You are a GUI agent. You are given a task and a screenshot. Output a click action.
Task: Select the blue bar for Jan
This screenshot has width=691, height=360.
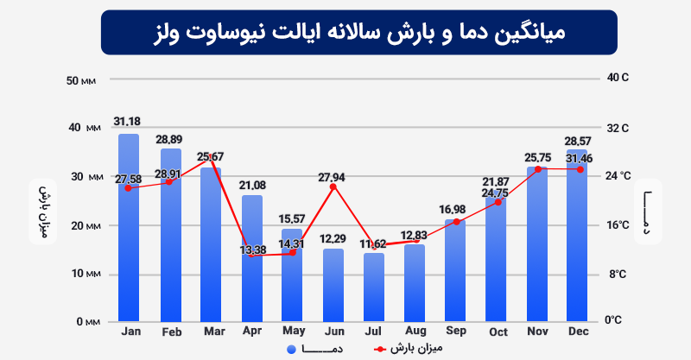[129, 229]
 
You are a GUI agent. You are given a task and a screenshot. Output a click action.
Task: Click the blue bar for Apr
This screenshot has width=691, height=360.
[252, 259]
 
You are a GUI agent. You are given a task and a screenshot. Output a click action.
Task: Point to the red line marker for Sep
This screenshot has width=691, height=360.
[456, 222]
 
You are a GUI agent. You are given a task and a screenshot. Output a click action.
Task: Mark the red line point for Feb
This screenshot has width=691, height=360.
[169, 182]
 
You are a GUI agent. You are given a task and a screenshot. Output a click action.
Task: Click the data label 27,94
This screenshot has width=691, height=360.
[331, 178]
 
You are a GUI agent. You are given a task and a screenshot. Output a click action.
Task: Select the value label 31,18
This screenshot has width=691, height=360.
[129, 120]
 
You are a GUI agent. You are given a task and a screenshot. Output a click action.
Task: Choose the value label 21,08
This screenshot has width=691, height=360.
[252, 186]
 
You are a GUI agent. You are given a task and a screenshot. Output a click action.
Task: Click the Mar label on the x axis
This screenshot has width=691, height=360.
[211, 332]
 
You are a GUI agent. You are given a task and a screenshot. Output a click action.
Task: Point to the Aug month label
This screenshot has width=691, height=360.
[415, 332]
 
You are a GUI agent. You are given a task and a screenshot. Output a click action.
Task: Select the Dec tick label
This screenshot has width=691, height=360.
[578, 332]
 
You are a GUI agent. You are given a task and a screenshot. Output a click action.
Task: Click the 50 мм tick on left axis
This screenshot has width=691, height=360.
[85, 80]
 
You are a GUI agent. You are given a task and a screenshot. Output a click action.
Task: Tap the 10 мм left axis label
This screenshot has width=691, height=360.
[85, 274]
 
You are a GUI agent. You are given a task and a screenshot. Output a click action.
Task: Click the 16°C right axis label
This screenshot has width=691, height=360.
[618, 225]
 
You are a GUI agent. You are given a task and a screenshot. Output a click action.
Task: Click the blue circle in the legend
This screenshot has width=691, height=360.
[292, 350]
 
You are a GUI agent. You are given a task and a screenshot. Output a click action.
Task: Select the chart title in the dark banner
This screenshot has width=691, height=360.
[358, 34]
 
